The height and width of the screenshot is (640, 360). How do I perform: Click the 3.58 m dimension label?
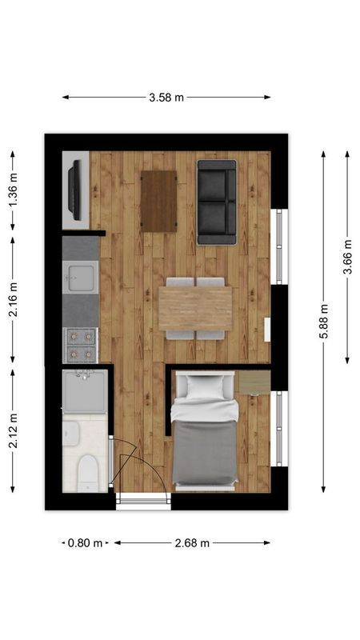point(166,98)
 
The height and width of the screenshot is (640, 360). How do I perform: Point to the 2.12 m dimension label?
point(14,430)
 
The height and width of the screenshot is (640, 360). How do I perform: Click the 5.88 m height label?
point(323,322)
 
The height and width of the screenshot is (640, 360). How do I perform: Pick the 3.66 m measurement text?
point(347,257)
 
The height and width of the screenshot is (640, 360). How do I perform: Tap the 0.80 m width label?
point(86,543)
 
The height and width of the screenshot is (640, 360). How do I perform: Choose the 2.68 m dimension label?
point(192,543)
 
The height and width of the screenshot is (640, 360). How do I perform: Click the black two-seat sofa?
point(217,202)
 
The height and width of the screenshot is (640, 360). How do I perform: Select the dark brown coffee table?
point(158,202)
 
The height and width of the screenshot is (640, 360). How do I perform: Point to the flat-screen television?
point(74,190)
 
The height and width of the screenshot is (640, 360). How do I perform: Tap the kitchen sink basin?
point(81,278)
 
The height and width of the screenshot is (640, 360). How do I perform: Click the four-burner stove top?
point(81,346)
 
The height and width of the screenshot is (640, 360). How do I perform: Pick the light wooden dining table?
point(195,308)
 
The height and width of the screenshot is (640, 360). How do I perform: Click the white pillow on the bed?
point(206,387)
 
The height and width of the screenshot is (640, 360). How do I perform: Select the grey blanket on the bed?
point(205,452)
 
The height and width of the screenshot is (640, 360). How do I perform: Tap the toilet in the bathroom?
point(88,474)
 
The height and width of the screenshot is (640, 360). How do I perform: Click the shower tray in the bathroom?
point(86,391)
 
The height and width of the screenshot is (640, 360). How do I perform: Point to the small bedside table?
point(254,382)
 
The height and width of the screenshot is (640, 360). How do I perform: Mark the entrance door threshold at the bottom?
point(143,502)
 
